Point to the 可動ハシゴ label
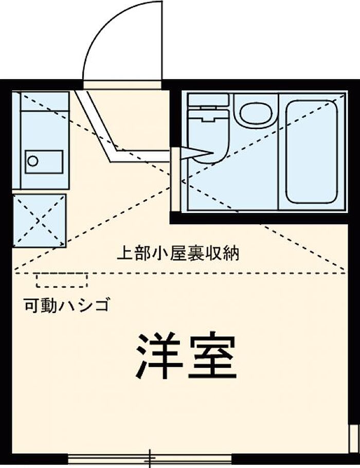click(66, 305)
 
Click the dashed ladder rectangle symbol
click(62, 281)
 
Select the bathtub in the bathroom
click(312, 152)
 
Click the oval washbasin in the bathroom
click(256, 114)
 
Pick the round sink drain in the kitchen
click(33, 161)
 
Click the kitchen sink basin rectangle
click(44, 162)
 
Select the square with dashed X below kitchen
click(39, 221)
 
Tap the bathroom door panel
click(176, 179)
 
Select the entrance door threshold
click(122, 85)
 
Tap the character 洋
click(159, 355)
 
